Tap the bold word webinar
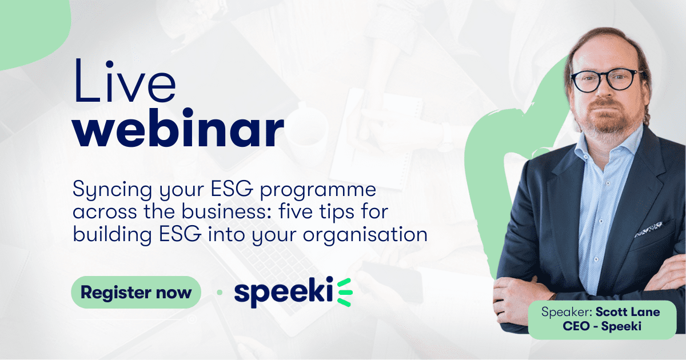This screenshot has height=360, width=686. point(178,127)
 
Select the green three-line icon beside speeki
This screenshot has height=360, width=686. point(344,292)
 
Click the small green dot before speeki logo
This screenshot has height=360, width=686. point(220,293)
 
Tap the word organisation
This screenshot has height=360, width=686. point(365,234)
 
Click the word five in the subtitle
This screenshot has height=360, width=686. point(296,211)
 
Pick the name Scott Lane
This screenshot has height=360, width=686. point(628,312)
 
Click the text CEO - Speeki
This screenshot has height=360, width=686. point(602,326)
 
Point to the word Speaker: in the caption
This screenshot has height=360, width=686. point(567,312)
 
